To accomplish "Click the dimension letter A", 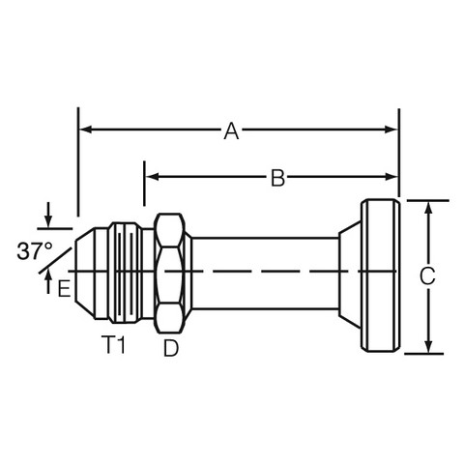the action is [x=231, y=130].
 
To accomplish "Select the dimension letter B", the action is [x=277, y=178].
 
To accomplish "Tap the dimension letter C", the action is [x=427, y=276].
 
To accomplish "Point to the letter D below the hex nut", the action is [x=171, y=348].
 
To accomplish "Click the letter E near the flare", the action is [x=64, y=288].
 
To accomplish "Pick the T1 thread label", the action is [x=113, y=345].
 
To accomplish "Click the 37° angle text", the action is [x=35, y=251].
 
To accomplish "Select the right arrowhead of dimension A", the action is [x=391, y=130].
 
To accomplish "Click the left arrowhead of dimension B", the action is [x=152, y=177].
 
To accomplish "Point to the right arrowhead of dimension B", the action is [x=391, y=177].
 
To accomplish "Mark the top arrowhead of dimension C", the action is [x=428, y=208].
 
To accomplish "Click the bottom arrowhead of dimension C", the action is [x=428, y=346].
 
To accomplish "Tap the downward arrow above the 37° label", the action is [x=48, y=215].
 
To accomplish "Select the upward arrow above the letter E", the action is [x=48, y=282].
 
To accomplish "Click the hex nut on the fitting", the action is [x=169, y=274].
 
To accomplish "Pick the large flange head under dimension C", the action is [x=380, y=275].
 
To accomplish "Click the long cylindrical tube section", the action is [x=265, y=274].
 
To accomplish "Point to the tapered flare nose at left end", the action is [x=85, y=274].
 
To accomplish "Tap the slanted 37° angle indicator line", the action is [x=55, y=260].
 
